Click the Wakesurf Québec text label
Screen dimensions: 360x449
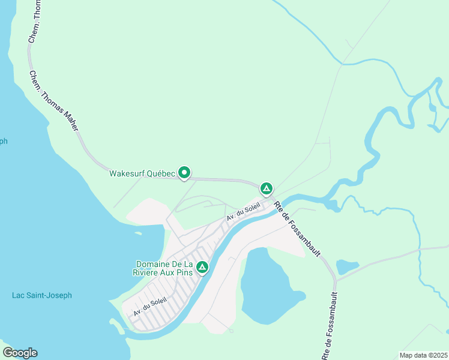(x=142, y=174)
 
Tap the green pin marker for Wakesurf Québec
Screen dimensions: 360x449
(x=185, y=173)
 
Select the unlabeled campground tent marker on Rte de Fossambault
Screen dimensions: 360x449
(x=267, y=189)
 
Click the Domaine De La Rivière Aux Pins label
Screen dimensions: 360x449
(x=164, y=268)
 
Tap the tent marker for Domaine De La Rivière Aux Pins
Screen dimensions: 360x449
(x=202, y=267)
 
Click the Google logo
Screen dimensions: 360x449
(x=20, y=353)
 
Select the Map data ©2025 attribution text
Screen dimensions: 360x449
(x=423, y=355)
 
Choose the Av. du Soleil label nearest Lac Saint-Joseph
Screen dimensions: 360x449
(x=149, y=307)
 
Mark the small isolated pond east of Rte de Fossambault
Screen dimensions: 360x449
(x=347, y=266)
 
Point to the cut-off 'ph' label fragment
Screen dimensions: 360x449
(x=4, y=141)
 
